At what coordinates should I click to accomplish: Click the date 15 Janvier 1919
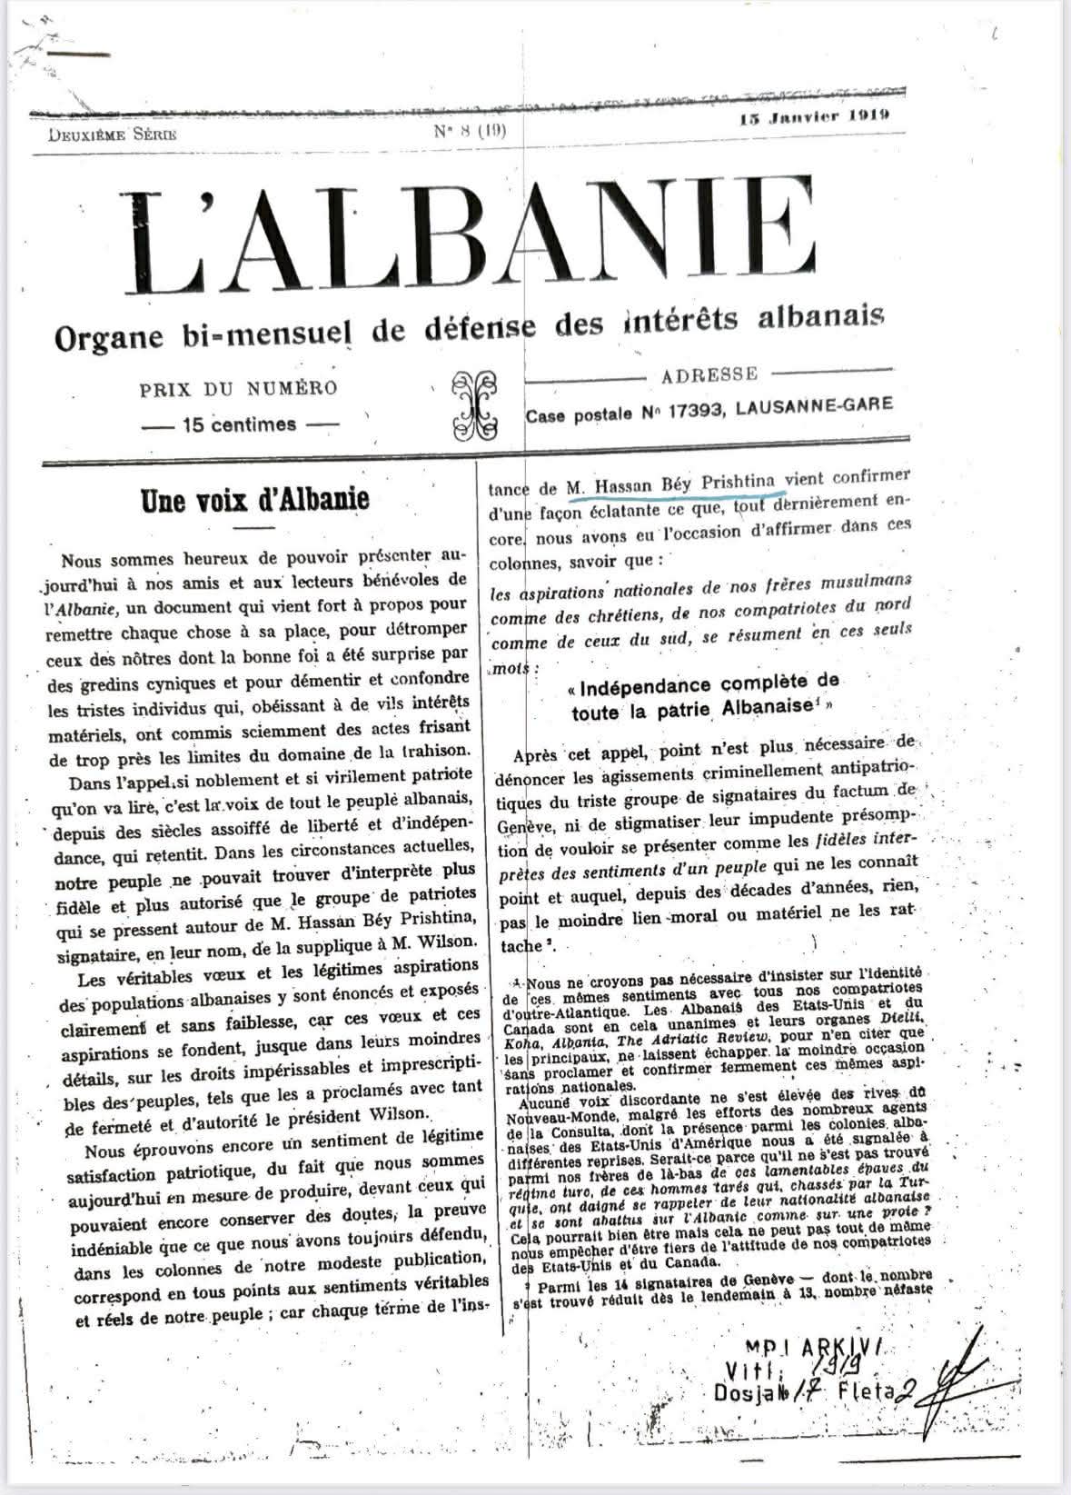[814, 116]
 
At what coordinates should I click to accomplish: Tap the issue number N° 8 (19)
[471, 130]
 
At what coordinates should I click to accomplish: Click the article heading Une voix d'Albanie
[253, 499]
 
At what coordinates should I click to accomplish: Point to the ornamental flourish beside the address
[476, 404]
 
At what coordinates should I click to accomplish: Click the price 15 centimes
[240, 424]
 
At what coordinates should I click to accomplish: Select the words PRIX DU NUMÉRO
[238, 388]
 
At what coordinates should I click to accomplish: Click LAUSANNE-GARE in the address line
[815, 409]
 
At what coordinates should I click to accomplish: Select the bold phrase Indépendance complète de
[705, 681]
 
